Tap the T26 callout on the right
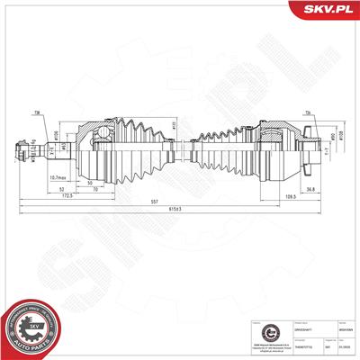pyautogui.click(x=307, y=113)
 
